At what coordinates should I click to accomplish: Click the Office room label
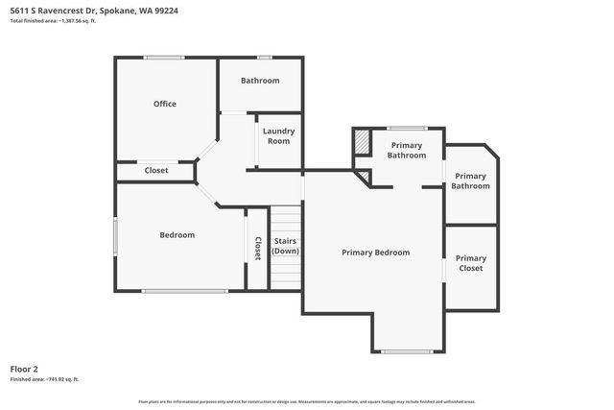[165, 104]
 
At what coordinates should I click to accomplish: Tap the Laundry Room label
[278, 135]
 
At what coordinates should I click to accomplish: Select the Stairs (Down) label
[285, 246]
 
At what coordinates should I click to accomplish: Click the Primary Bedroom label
[376, 253]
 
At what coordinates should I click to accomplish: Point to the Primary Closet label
[471, 263]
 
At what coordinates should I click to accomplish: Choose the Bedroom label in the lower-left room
[177, 235]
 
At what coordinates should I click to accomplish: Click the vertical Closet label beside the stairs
[257, 249]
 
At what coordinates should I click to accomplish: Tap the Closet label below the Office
[156, 171]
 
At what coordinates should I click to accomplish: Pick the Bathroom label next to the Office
[260, 81]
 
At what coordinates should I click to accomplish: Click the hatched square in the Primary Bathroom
[362, 141]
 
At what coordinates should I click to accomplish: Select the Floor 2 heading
[24, 369]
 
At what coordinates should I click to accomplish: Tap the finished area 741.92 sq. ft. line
[44, 379]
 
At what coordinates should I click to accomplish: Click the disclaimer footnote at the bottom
[307, 401]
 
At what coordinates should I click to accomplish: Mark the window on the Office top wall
[164, 58]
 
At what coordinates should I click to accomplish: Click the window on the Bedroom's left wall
[116, 235]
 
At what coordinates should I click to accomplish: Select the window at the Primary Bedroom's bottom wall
[407, 351]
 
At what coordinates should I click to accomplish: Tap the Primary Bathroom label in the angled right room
[471, 181]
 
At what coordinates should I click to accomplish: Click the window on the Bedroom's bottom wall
[185, 290]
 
